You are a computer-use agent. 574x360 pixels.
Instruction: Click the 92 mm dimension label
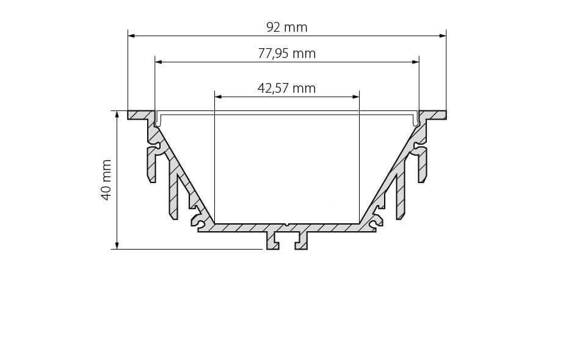point(286,27)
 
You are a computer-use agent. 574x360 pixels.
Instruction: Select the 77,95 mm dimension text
point(286,54)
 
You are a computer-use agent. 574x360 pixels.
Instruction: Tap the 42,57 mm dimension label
point(286,88)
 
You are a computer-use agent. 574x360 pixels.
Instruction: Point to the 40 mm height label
point(106,179)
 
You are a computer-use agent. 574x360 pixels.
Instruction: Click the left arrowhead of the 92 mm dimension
point(131,36)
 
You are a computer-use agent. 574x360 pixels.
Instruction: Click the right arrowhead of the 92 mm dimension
point(443,36)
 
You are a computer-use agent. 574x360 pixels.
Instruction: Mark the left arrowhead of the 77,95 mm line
point(159,62)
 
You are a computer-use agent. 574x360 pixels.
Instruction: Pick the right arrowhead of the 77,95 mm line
point(415,62)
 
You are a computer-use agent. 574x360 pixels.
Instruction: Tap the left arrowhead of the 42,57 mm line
point(219,97)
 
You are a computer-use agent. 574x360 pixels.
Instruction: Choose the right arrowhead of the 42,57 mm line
point(355,97)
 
